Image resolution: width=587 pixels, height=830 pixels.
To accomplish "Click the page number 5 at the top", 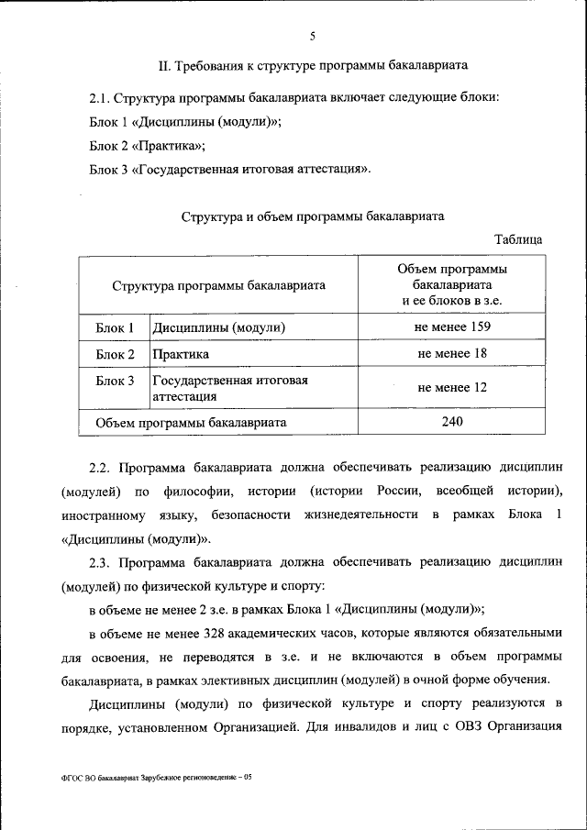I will point(312,37).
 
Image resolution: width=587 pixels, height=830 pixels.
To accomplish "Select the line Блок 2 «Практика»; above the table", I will point(147,146).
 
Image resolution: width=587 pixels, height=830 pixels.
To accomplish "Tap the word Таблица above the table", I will point(517,239).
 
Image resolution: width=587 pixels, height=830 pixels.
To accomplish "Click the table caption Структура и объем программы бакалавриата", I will point(313,216).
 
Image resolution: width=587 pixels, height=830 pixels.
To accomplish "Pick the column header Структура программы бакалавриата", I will point(219,285).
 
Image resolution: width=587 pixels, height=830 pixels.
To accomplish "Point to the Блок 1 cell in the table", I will point(115,327).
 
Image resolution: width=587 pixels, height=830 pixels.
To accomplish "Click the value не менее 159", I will point(452,327).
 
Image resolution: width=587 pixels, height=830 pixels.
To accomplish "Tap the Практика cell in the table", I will point(181,354).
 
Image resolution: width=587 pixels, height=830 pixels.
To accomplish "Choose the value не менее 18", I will point(452,354).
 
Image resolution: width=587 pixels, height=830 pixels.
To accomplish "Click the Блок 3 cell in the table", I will point(115,381).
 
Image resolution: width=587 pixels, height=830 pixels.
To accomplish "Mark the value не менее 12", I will point(452,388).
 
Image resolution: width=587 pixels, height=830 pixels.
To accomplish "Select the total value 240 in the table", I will point(452,421).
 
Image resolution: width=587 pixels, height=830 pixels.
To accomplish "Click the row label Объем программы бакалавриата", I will point(191,423).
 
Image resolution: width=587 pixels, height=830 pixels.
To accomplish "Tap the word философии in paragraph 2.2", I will point(201,489).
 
